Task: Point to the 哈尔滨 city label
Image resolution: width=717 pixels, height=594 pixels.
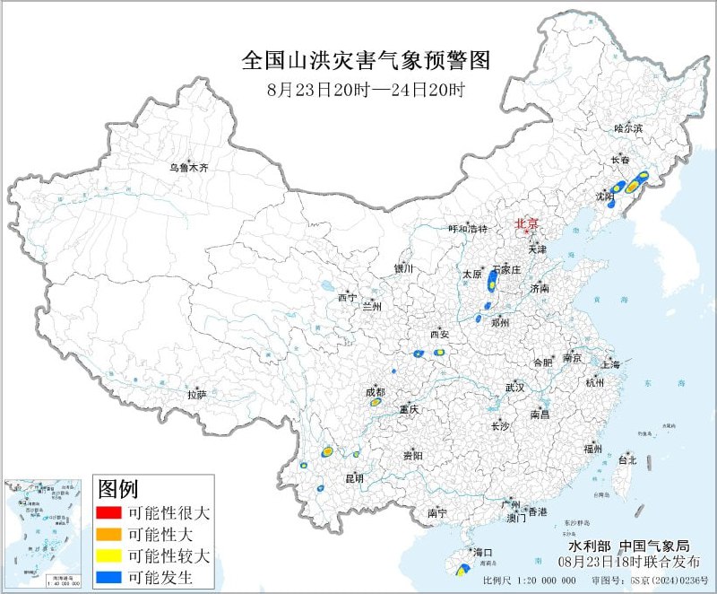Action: [628, 129]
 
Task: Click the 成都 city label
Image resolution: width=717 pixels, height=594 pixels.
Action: [375, 392]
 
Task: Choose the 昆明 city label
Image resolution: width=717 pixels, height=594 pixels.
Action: [354, 478]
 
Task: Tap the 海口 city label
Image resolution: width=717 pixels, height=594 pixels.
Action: [483, 552]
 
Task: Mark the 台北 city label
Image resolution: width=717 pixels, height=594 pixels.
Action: [627, 460]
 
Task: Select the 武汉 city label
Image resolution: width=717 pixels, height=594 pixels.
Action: [514, 387]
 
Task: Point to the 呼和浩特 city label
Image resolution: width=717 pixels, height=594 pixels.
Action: [467, 229]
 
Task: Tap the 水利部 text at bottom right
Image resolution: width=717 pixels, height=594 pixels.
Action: [589, 545]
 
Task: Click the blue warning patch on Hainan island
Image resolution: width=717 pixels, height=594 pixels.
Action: [462, 569]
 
